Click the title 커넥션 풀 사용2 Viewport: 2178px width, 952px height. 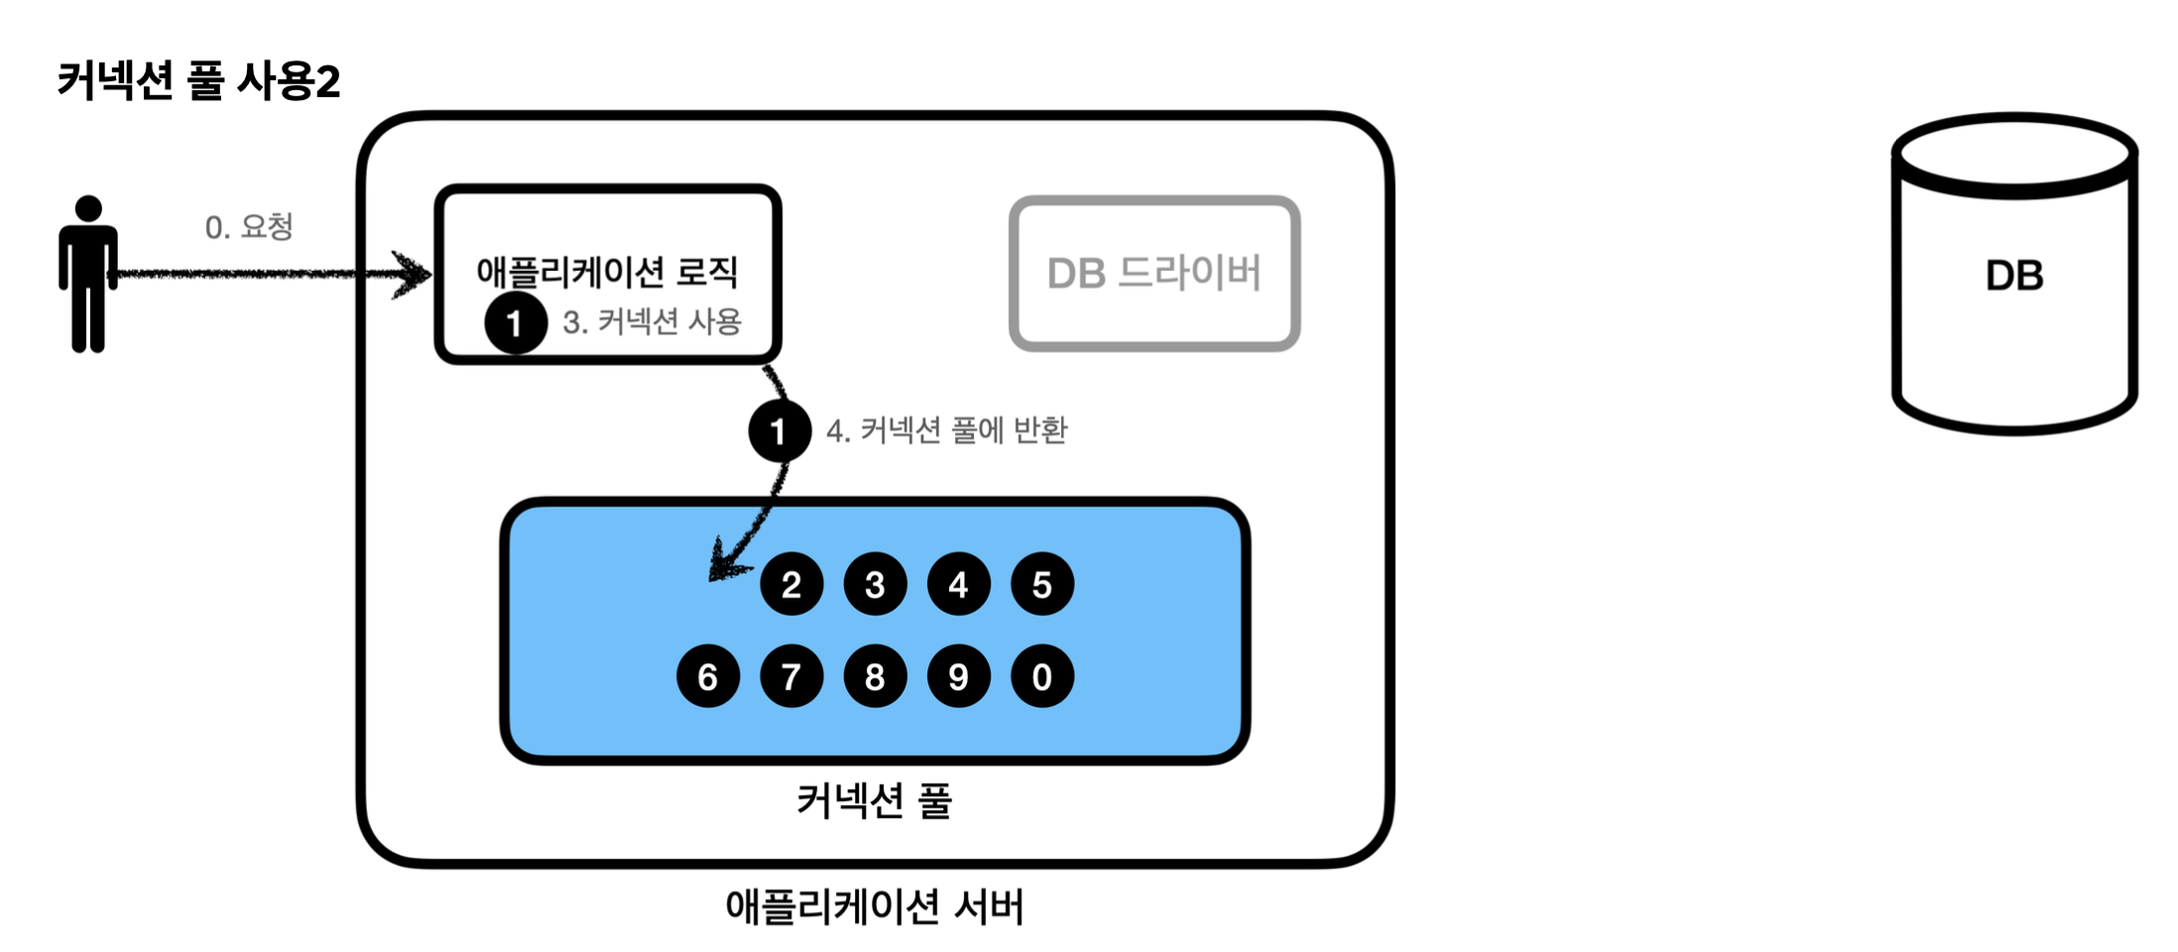tap(198, 80)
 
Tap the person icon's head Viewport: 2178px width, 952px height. tap(88, 208)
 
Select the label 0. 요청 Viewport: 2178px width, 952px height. tap(249, 227)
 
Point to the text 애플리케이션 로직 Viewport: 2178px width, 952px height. tap(607, 271)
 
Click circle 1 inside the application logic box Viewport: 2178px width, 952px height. tap(516, 322)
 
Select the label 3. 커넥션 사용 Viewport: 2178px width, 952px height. tap(653, 321)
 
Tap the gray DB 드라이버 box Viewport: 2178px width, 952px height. tap(1154, 274)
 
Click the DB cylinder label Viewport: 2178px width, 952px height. tap(2014, 276)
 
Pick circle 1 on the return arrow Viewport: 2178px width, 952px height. tap(780, 431)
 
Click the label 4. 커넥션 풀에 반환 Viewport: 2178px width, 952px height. tap(947, 430)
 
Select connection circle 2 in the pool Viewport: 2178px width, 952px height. tap(791, 585)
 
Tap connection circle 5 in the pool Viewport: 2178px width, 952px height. tap(1042, 585)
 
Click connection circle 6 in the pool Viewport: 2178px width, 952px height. tap(708, 676)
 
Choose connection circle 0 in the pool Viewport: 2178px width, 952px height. tap(1042, 676)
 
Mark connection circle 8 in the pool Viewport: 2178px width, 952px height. tap(875, 676)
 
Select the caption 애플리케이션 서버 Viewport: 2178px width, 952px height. tap(874, 906)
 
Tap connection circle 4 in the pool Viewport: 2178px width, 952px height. tap(958, 585)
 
